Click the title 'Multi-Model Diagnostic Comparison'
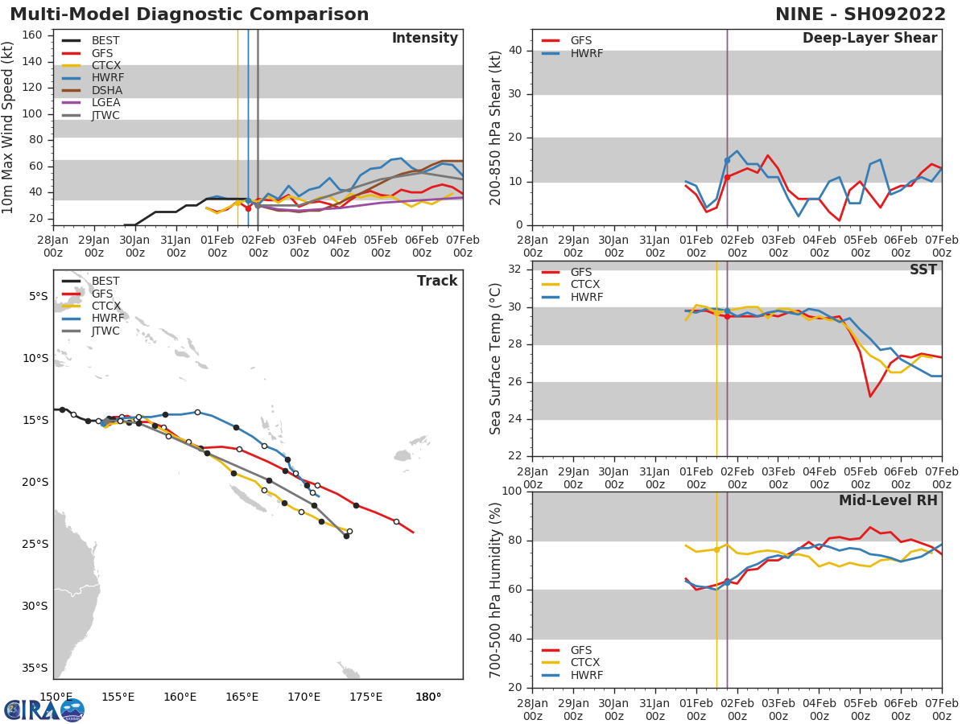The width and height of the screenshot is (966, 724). point(189,14)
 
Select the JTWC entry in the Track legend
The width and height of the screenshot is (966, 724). point(105,331)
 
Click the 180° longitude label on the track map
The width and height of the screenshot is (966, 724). point(427,697)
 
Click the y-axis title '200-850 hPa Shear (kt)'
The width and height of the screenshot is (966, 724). point(496,127)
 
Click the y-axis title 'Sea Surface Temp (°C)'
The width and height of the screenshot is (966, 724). point(496,359)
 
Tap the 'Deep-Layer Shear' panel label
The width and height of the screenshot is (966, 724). point(869,39)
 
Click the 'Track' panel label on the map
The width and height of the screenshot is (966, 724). point(436,281)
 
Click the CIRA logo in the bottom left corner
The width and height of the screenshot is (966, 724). point(43,710)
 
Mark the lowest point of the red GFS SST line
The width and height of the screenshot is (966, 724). point(870,396)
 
